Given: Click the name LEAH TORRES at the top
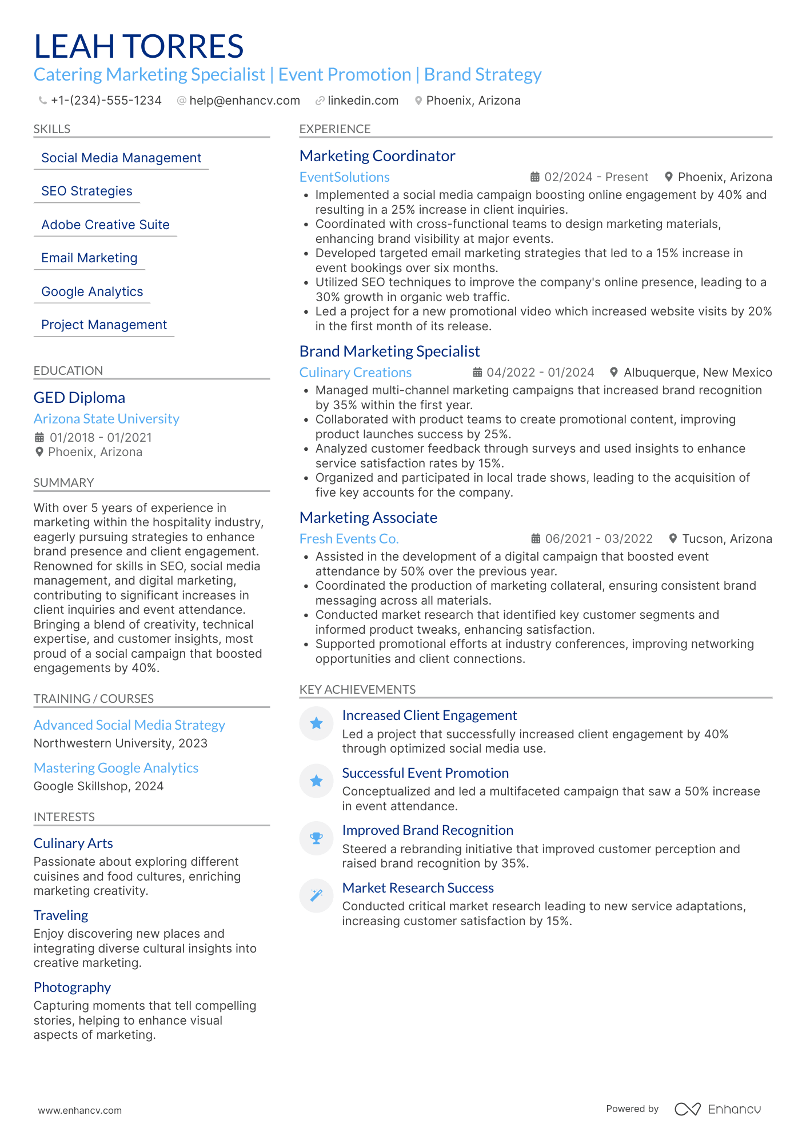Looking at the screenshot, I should click(139, 46).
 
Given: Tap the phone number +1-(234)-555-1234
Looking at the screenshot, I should click(106, 101).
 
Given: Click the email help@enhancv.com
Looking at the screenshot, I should click(244, 101).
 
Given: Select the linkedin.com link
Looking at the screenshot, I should click(362, 101).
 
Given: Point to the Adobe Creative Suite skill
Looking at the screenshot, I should click(105, 225).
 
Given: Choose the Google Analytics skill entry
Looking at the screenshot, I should click(92, 291).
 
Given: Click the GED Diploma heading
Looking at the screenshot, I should click(79, 398).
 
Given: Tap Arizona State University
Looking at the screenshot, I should click(106, 419).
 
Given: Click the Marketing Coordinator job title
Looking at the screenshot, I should click(377, 156).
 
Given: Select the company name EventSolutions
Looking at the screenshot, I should click(344, 177).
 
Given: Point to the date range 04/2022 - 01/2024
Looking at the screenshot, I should click(540, 373).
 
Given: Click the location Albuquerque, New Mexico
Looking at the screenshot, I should click(697, 373).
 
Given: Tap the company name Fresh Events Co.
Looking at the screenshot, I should click(349, 539).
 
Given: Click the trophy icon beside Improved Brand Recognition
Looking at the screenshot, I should click(316, 838).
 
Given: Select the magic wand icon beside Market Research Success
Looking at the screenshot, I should click(316, 895).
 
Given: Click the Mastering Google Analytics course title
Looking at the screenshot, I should click(116, 768).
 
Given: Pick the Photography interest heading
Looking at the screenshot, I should click(72, 987).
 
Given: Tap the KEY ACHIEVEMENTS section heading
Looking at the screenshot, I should click(357, 690).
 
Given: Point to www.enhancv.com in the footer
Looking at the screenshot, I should click(80, 1110).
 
